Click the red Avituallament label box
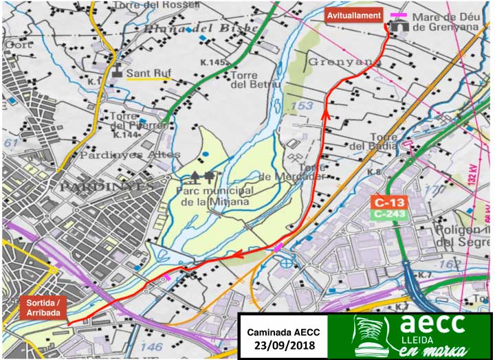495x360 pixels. (x=353, y=16)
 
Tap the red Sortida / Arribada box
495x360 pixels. (x=43, y=308)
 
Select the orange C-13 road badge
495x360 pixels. (x=388, y=202)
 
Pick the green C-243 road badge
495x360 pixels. (x=388, y=214)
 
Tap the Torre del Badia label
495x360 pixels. (x=373, y=141)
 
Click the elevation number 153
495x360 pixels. (x=303, y=106)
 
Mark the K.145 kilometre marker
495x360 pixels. (x=213, y=63)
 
